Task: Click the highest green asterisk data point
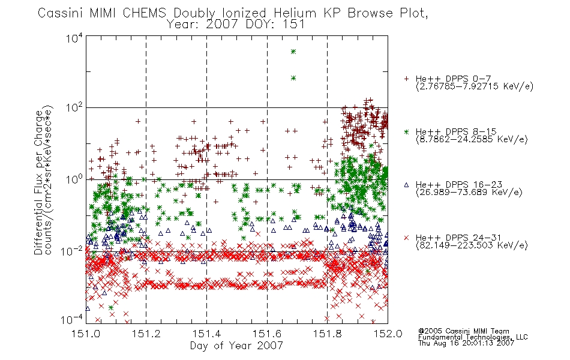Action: click(293, 52)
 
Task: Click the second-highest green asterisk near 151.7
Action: click(293, 78)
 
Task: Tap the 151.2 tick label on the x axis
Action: click(146, 334)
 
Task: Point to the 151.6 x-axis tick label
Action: click(267, 334)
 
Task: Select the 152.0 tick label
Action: click(388, 334)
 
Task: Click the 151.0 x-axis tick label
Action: click(86, 334)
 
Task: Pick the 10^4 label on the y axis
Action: click(74, 38)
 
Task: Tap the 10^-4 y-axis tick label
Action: click(72, 320)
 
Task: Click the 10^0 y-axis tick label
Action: click(74, 179)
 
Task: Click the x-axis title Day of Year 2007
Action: click(236, 346)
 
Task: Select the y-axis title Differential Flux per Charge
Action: click(38, 182)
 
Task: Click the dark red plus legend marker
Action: click(406, 79)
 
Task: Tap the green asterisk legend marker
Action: click(406, 131)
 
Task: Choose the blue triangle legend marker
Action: click(406, 185)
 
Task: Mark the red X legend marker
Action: click(406, 238)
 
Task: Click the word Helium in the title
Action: click(295, 13)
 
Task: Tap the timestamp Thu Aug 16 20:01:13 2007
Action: click(466, 343)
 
